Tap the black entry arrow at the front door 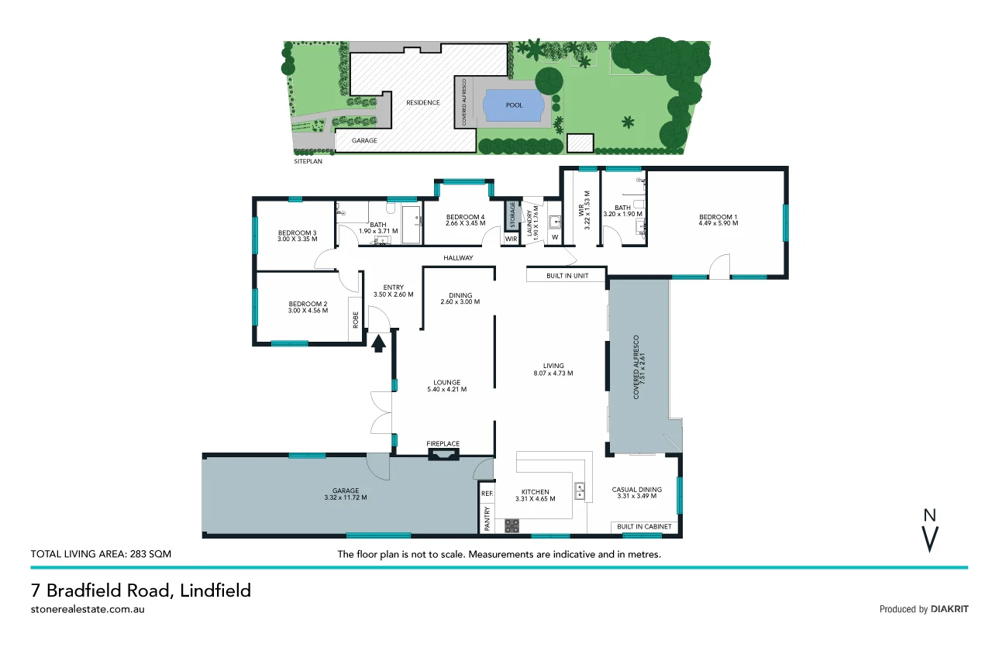pos(379,343)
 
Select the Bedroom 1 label pos(718,217)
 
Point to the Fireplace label pos(443,444)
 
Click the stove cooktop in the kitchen pos(512,526)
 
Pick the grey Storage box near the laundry pos(511,215)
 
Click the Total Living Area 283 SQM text pos(101,554)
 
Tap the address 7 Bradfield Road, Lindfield pos(140,590)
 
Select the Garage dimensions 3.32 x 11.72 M pos(346,497)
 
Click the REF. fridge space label pos(487,493)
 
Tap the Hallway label pos(458,258)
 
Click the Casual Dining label pos(636,490)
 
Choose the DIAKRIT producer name pos(949,609)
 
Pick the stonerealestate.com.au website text pos(88,609)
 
